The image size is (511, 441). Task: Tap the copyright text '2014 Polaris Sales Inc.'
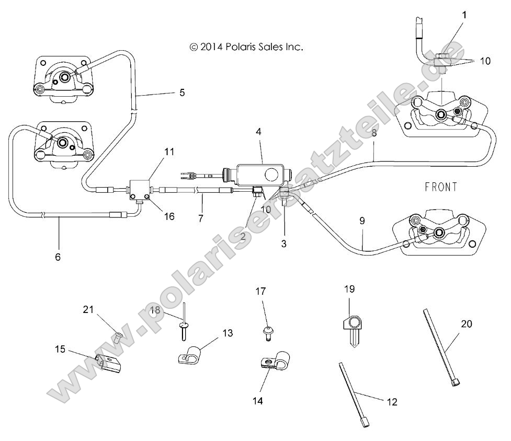(x=246, y=47)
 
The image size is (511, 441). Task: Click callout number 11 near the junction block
(x=168, y=152)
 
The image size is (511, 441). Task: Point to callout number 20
(x=467, y=324)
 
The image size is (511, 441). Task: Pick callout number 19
(x=349, y=288)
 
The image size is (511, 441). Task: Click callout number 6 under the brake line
(x=58, y=257)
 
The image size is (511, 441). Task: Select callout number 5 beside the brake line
(x=182, y=92)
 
